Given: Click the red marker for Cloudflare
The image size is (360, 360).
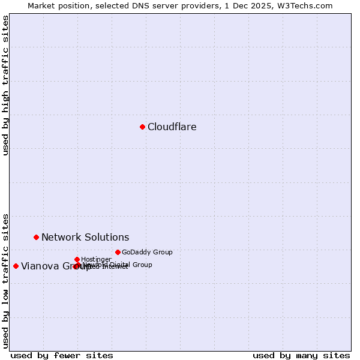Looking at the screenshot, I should pyautogui.click(x=142, y=127).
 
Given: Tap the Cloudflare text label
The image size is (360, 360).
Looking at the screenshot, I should pyautogui.click(x=172, y=127).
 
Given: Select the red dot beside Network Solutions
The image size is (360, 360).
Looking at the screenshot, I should pyautogui.click(x=36, y=237).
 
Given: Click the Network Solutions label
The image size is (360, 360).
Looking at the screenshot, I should pyautogui.click(x=85, y=237).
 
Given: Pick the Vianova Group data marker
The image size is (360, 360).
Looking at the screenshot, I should pyautogui.click(x=16, y=266).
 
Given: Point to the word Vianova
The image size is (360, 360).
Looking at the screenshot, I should pyautogui.click(x=39, y=266).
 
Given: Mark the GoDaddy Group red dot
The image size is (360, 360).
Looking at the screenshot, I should pyautogui.click(x=118, y=252).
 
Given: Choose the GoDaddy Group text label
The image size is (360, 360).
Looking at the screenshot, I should pyautogui.click(x=147, y=252).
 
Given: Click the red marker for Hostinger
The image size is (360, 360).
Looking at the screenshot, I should pyautogui.click(x=77, y=259).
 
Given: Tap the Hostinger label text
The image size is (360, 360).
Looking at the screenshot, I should pyautogui.click(x=96, y=259).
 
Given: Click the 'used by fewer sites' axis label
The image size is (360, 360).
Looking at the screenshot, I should pyautogui.click(x=62, y=355).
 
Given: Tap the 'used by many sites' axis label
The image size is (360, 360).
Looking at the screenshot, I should pyautogui.click(x=301, y=355).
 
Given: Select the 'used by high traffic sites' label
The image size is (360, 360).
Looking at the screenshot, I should pyautogui.click(x=5, y=85).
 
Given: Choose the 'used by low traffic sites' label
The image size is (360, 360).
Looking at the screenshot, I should pyautogui.click(x=5, y=280).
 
